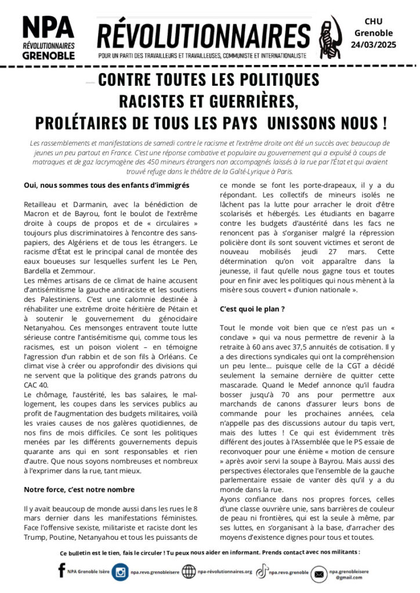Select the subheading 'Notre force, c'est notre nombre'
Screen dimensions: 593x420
tap(71, 489)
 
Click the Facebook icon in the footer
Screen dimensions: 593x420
tap(61, 571)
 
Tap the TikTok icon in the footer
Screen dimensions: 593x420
tap(262, 571)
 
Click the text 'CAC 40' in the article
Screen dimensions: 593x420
tap(37, 385)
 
